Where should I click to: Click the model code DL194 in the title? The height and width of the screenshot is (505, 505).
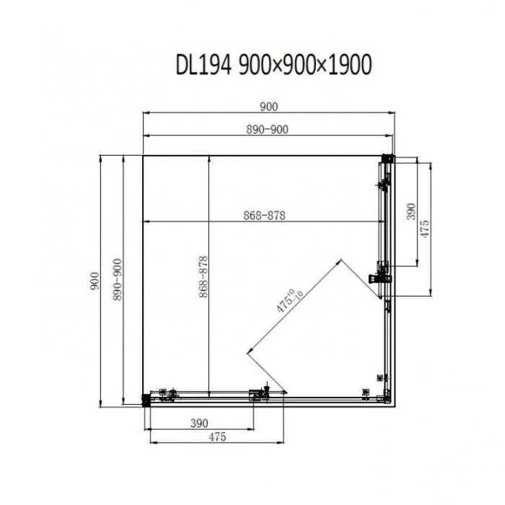(203, 65)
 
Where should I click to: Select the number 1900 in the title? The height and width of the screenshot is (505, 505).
(349, 65)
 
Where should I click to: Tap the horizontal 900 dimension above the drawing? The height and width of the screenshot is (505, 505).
(268, 107)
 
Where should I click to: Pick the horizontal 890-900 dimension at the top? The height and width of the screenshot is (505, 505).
(267, 129)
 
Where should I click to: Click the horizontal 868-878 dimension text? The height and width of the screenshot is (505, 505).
(264, 216)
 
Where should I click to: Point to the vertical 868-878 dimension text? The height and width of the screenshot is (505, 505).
(203, 276)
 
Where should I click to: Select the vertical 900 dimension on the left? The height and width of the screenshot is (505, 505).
(95, 281)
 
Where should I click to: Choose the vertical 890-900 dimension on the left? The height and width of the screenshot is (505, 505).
(117, 280)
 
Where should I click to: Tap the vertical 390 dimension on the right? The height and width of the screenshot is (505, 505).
(411, 211)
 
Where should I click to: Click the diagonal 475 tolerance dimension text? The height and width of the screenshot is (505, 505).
(289, 301)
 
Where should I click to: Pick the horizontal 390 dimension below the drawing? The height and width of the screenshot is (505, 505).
(199, 423)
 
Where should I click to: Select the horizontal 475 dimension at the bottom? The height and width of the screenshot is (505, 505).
(217, 437)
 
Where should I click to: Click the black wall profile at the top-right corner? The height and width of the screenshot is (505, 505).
(388, 159)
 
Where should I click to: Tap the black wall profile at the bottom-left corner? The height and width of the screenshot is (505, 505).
(146, 400)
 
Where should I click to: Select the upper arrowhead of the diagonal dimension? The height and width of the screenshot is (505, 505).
(339, 261)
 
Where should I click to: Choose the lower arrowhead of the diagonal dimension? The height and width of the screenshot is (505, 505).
(250, 352)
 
